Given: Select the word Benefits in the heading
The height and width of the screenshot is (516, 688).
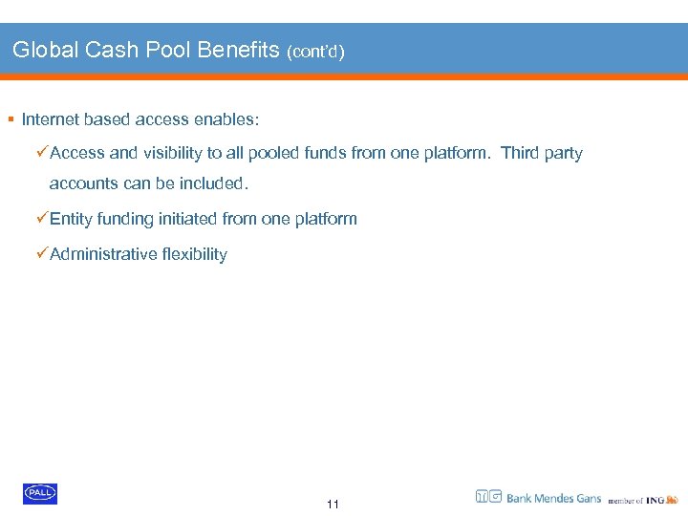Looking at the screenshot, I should pyautogui.click(x=237, y=50).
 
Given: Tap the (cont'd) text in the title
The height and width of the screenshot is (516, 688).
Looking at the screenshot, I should pyautogui.click(x=315, y=52).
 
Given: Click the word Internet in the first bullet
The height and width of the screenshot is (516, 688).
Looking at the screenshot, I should pyautogui.click(x=50, y=119).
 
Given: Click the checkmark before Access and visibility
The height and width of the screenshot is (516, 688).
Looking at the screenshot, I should pyautogui.click(x=42, y=153).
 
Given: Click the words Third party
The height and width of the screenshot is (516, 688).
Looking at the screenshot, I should pyautogui.click(x=541, y=153).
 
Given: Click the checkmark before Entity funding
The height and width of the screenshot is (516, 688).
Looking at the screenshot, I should pyautogui.click(x=42, y=219).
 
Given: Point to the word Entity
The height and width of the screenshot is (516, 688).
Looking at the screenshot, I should pyautogui.click(x=72, y=219).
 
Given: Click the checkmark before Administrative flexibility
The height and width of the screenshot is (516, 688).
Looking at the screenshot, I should pyautogui.click(x=42, y=254).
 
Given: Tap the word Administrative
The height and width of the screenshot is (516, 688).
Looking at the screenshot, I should pyautogui.click(x=102, y=254).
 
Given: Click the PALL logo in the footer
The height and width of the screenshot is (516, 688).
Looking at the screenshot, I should pyautogui.click(x=40, y=493).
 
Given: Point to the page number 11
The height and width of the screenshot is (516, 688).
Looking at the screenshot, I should pyautogui.click(x=333, y=505).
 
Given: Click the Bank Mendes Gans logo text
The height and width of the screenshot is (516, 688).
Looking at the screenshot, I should pyautogui.click(x=553, y=498).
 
